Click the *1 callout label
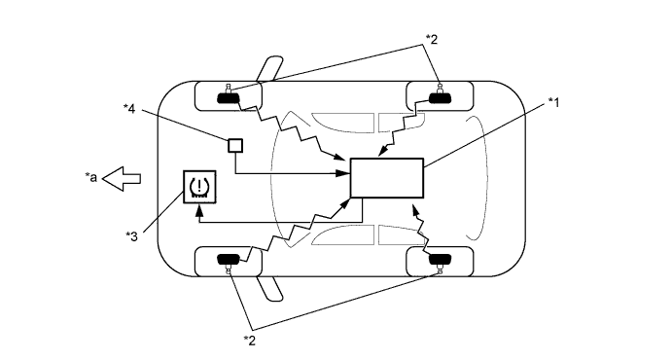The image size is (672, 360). coord(555,101)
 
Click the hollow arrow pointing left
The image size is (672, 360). coord(123,177)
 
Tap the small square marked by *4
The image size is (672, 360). coord(234,145)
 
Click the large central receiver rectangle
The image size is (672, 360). coord(386,179)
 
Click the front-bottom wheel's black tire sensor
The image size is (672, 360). coord(229,260)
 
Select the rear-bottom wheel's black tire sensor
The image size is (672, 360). coord(442,260)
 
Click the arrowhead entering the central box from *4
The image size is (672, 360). coord(344,173)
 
